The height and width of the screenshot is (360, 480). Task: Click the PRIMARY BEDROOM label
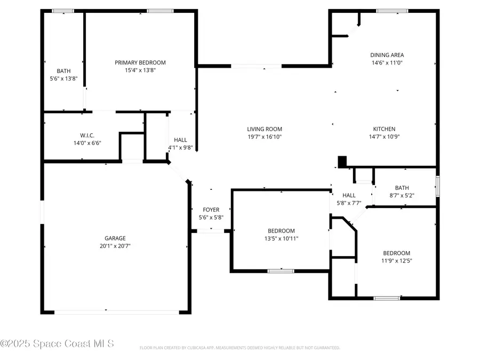(140, 62)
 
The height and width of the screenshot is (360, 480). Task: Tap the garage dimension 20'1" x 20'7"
(115, 246)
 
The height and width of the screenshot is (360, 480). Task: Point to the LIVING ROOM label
(265, 129)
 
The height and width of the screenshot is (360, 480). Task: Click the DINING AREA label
(387, 55)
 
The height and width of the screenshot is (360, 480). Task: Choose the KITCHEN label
(384, 129)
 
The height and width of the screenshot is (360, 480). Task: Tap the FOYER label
(211, 210)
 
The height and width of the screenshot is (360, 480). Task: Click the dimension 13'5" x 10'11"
(281, 238)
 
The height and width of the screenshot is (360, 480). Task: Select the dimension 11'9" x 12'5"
(397, 261)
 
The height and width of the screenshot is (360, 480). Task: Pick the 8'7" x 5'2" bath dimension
(402, 195)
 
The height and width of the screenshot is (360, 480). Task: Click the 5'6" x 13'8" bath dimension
(63, 78)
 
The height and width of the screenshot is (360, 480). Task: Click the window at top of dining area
(393, 11)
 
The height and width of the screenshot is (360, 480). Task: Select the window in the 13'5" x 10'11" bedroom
(281, 271)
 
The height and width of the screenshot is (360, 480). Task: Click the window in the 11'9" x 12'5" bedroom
(387, 298)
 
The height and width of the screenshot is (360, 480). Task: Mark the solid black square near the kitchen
(342, 161)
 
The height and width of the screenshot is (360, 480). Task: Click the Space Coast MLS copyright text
(57, 344)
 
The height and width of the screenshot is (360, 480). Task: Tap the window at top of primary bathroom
(63, 11)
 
